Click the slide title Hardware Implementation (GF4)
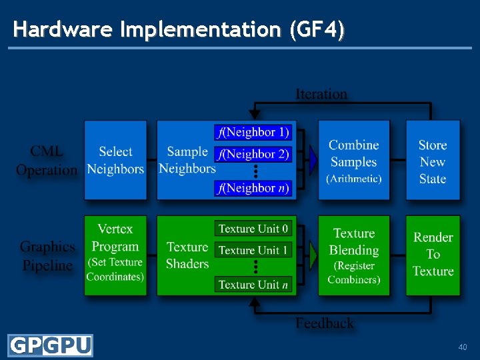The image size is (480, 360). pyautogui.click(x=179, y=29)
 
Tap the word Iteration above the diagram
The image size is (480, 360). pyautogui.click(x=321, y=94)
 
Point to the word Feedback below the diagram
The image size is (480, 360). pyautogui.click(x=325, y=323)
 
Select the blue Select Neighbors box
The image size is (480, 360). pyautogui.click(x=115, y=160)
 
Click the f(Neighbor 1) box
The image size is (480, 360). pyautogui.click(x=253, y=132)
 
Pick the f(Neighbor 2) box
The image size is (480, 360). pyautogui.click(x=253, y=154)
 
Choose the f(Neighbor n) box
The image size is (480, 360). pyautogui.click(x=253, y=188)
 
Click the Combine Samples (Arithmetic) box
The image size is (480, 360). pyautogui.click(x=354, y=160)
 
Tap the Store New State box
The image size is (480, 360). pyautogui.click(x=433, y=160)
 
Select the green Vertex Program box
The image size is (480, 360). pyautogui.click(x=115, y=255)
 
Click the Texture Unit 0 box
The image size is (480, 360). pyautogui.click(x=253, y=229)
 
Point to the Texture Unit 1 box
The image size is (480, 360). pyautogui.click(x=253, y=250)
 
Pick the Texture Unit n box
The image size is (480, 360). pyautogui.click(x=253, y=284)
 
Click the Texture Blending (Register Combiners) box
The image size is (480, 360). pyautogui.click(x=354, y=255)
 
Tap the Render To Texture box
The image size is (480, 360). pyautogui.click(x=433, y=255)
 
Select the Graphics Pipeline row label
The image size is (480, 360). pyautogui.click(x=47, y=256)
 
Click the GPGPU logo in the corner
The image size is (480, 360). pyautogui.click(x=50, y=346)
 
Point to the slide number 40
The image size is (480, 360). pyautogui.click(x=463, y=347)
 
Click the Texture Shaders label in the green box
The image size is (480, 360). pyautogui.click(x=187, y=255)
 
